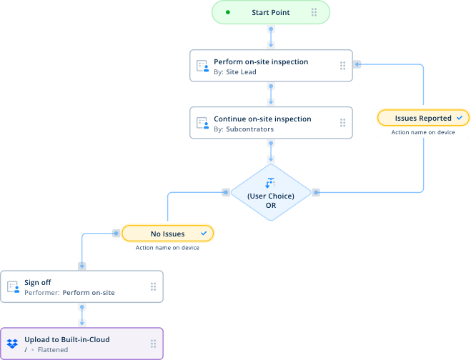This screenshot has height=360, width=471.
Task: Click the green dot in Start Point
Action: [228, 12]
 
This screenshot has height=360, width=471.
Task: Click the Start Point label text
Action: [271, 12]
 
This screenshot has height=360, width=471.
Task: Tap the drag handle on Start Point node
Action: [314, 12]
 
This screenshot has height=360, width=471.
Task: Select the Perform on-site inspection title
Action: [261, 61]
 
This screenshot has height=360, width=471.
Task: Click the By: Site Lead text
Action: [235, 72]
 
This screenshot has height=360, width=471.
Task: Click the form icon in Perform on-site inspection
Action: [202, 66]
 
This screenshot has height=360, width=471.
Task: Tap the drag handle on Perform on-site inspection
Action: [342, 66]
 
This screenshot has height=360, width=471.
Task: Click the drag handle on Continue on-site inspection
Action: [342, 123]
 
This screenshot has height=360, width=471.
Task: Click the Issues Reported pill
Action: [422, 118]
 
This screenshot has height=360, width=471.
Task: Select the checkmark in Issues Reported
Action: [460, 118]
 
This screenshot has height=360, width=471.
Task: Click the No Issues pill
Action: [167, 234]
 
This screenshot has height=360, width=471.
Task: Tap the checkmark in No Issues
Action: [204, 234]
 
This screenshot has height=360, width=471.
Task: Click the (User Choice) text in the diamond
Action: [270, 196]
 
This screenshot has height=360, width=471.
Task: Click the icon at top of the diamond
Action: [270, 182]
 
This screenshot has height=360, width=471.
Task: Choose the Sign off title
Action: [38, 282]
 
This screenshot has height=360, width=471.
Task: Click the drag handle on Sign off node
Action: [153, 286]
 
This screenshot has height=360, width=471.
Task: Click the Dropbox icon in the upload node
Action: [13, 344]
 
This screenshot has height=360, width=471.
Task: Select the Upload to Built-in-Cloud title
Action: [67, 339]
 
